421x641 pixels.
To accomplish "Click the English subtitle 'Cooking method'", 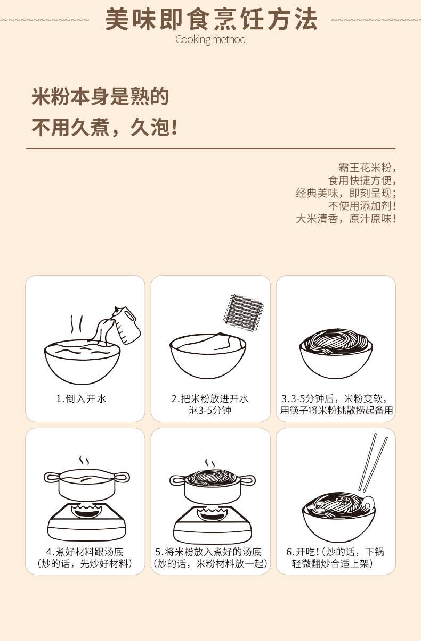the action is [210, 39].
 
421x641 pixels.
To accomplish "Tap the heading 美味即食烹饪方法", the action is [212, 19].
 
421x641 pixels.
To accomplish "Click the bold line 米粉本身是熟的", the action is [100, 97].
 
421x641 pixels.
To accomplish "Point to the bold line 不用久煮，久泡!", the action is [104, 127].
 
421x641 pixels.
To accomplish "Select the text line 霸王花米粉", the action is [365, 168].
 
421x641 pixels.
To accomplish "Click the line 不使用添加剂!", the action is [362, 206].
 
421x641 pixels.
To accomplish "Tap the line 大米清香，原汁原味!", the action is [346, 219].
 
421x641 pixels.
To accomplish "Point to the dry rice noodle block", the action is [244, 312].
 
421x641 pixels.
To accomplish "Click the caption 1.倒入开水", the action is [81, 398].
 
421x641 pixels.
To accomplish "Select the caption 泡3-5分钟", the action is [210, 410].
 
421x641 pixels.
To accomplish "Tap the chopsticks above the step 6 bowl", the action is [373, 463].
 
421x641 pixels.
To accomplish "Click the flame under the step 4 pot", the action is [86, 510].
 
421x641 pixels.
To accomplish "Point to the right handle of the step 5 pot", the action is [247, 480].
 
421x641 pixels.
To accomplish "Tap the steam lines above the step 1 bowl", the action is [77, 324].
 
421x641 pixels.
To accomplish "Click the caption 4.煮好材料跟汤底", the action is [85, 552].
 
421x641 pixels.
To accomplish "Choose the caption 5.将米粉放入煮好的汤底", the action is [209, 552].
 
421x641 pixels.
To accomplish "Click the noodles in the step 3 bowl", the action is [336, 342].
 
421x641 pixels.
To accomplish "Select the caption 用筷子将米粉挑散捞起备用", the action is [336, 410].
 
